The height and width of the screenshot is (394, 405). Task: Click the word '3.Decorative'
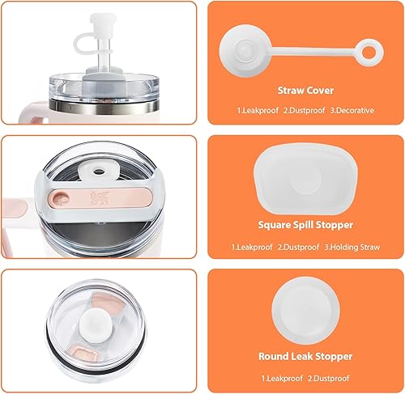(x=352, y=110)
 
